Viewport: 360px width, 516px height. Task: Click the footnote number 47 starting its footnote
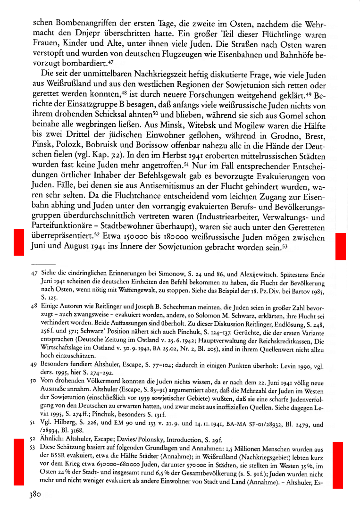tap(34, 273)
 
